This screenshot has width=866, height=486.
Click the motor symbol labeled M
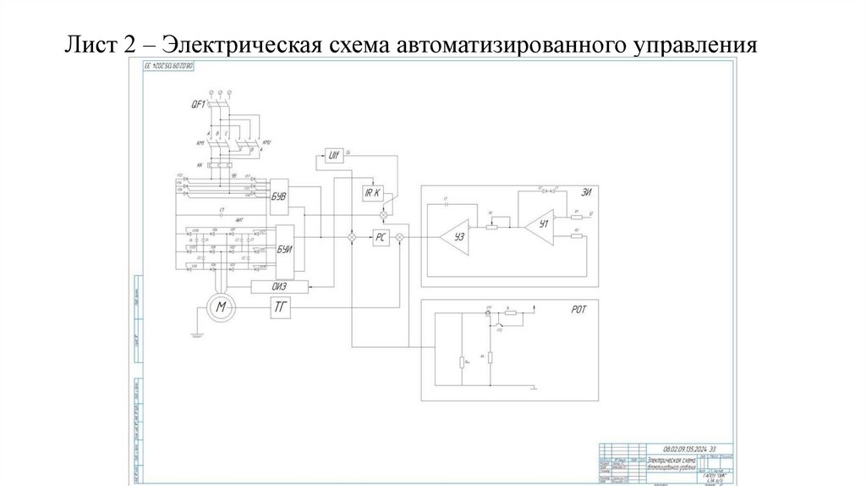tap(220, 307)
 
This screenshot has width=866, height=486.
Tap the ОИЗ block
tap(280, 285)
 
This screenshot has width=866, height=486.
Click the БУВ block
tap(279, 196)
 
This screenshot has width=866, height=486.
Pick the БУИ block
tap(283, 249)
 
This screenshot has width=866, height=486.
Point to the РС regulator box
tap(381, 239)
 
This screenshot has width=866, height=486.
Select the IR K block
tap(373, 193)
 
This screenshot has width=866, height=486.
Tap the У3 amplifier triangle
tap(457, 238)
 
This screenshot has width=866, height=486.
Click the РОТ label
tap(579, 311)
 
